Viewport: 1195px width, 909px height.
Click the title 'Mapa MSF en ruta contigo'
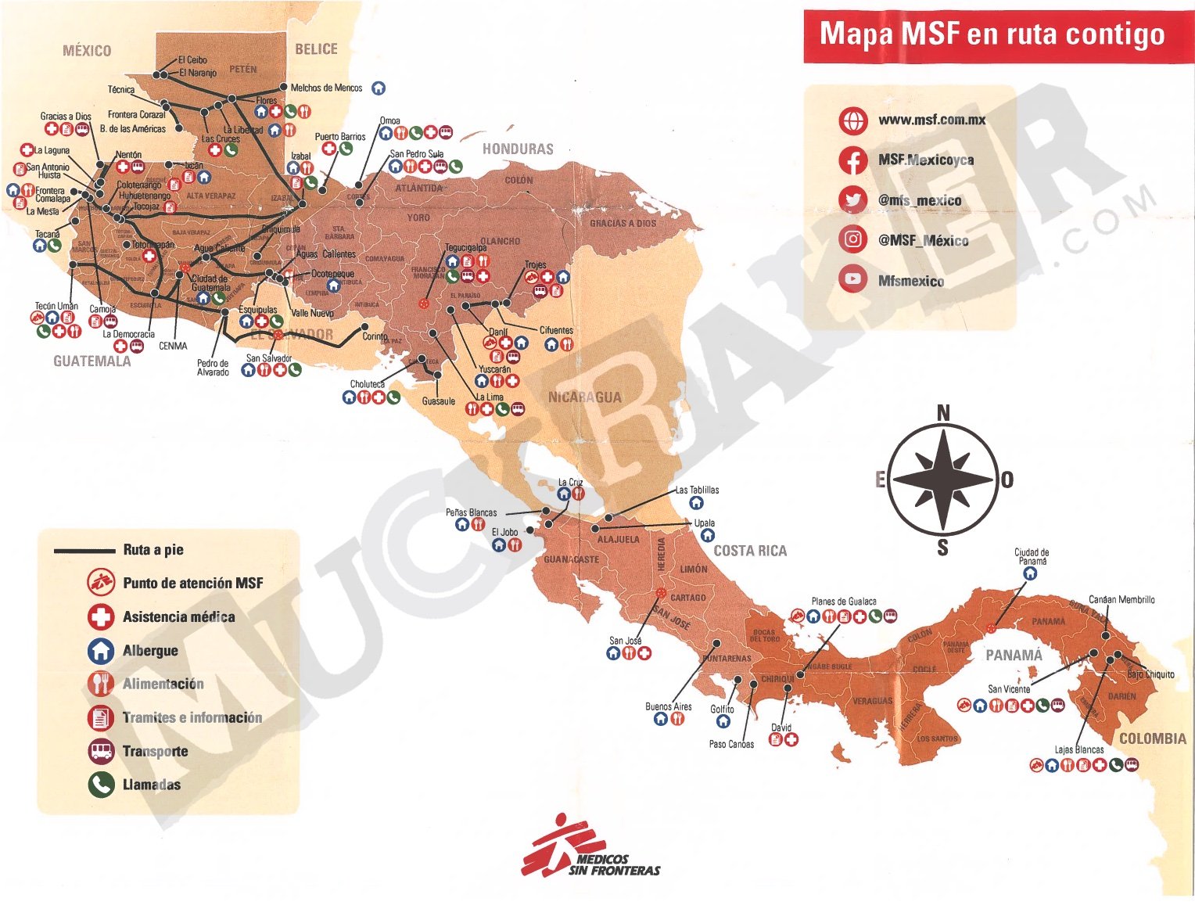(x=992, y=34)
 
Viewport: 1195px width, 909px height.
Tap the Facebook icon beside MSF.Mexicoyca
(x=852, y=160)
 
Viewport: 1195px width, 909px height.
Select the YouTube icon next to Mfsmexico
(x=852, y=279)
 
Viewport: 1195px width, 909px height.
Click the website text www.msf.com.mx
(x=931, y=120)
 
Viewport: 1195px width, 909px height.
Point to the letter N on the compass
(x=943, y=412)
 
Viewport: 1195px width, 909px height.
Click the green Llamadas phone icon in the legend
(x=101, y=785)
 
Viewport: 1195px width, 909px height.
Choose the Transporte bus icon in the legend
(x=101, y=751)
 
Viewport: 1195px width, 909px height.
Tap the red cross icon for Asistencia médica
(x=101, y=616)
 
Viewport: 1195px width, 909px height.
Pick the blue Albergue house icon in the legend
(x=101, y=650)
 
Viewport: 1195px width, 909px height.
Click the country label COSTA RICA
(x=749, y=551)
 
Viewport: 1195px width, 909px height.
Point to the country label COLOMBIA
(x=1152, y=738)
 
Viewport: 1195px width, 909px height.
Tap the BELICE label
(x=316, y=49)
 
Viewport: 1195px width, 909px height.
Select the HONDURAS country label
(x=518, y=149)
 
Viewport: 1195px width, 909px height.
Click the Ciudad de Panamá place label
(x=1032, y=556)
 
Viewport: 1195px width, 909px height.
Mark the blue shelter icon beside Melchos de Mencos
(x=379, y=88)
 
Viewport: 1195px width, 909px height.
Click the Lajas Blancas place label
(x=1078, y=749)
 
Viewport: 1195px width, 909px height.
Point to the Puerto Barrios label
(x=339, y=137)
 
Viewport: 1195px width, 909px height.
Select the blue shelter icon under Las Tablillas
(x=696, y=503)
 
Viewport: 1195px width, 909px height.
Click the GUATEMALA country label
(x=92, y=361)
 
